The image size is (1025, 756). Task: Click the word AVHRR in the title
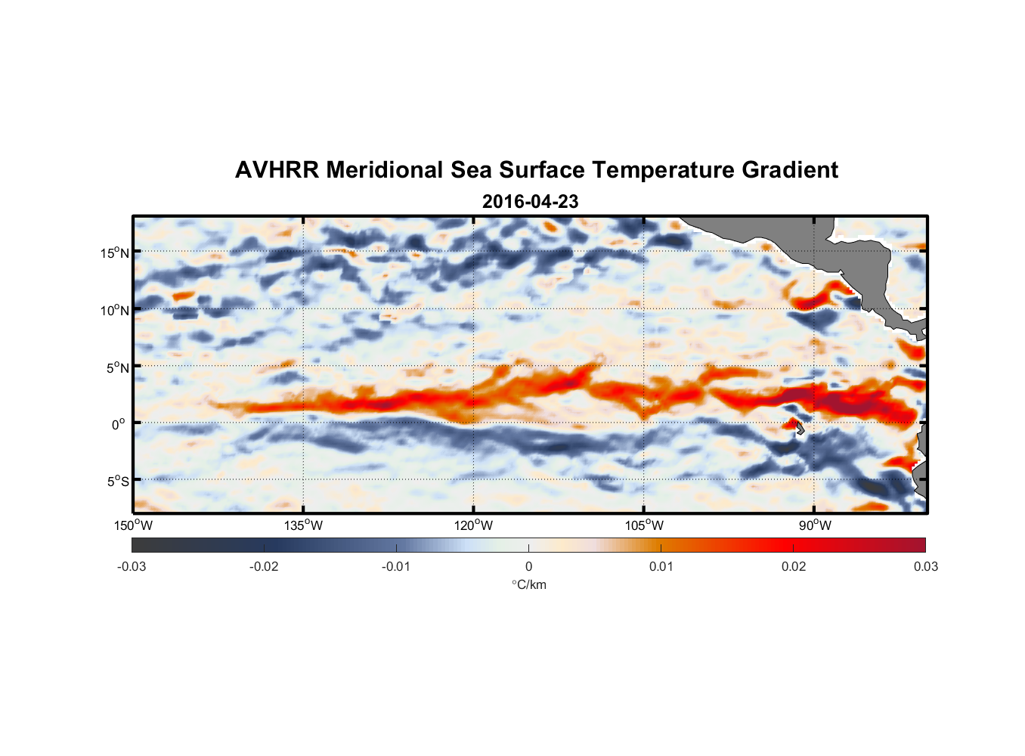(277, 170)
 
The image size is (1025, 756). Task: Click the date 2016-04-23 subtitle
(530, 202)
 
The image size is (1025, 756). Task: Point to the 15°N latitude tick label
(115, 253)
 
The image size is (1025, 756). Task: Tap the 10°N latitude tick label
(115, 310)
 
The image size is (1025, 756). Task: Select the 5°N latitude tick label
(117, 367)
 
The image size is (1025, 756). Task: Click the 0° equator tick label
(119, 424)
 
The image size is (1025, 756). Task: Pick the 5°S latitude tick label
(117, 481)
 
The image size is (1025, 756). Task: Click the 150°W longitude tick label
(133, 525)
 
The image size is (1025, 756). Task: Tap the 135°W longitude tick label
(303, 525)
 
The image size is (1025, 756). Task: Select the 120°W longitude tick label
(473, 525)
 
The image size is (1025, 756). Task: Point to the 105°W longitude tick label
(644, 525)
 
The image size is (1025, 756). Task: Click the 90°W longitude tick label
(814, 525)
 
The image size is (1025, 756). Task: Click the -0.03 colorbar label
(132, 566)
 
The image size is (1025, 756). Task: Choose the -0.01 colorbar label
(395, 566)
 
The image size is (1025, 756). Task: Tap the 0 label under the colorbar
(528, 566)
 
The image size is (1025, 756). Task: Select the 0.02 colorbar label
(794, 566)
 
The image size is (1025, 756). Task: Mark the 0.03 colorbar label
(925, 566)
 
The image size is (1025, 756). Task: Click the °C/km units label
(528, 584)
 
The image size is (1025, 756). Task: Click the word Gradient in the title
(789, 170)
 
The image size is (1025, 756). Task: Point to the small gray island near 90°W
(800, 429)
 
